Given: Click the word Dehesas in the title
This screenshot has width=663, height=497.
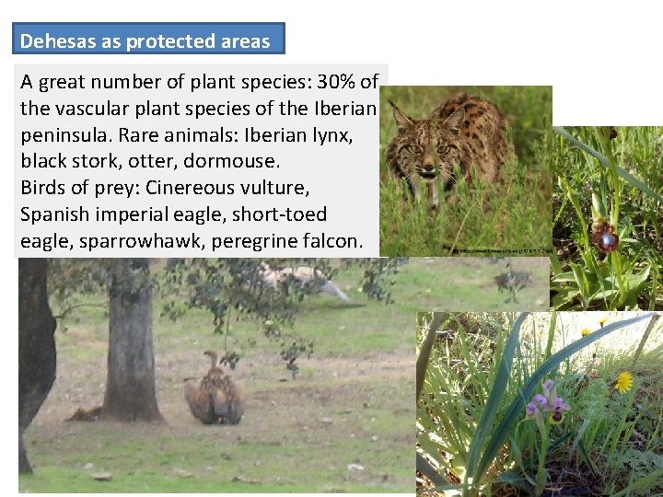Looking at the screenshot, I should pyautogui.click(x=52, y=41).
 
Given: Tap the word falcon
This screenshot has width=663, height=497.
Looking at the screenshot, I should pyautogui.click(x=337, y=242).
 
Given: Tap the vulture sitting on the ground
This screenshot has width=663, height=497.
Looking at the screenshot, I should pyautogui.click(x=214, y=391).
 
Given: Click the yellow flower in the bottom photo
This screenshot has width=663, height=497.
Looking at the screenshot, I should pyautogui.click(x=624, y=381).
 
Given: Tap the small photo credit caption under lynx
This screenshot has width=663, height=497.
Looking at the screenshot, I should pyautogui.click(x=502, y=250).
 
